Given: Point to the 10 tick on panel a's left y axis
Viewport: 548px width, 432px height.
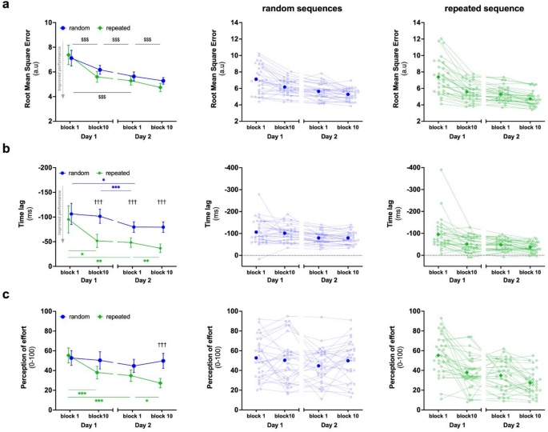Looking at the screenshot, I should pos(50,22).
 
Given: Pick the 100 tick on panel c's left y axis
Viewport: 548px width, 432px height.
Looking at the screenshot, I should pos(48,310).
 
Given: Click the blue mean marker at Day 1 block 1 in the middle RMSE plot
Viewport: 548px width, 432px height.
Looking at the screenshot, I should pos(255,79).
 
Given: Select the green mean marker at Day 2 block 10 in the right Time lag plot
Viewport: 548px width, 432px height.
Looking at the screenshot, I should pos(529,246).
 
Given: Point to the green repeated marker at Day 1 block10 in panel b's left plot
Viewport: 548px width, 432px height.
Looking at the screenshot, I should pos(99,241).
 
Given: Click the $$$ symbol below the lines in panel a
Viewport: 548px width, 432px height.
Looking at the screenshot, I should pos(102,97).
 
